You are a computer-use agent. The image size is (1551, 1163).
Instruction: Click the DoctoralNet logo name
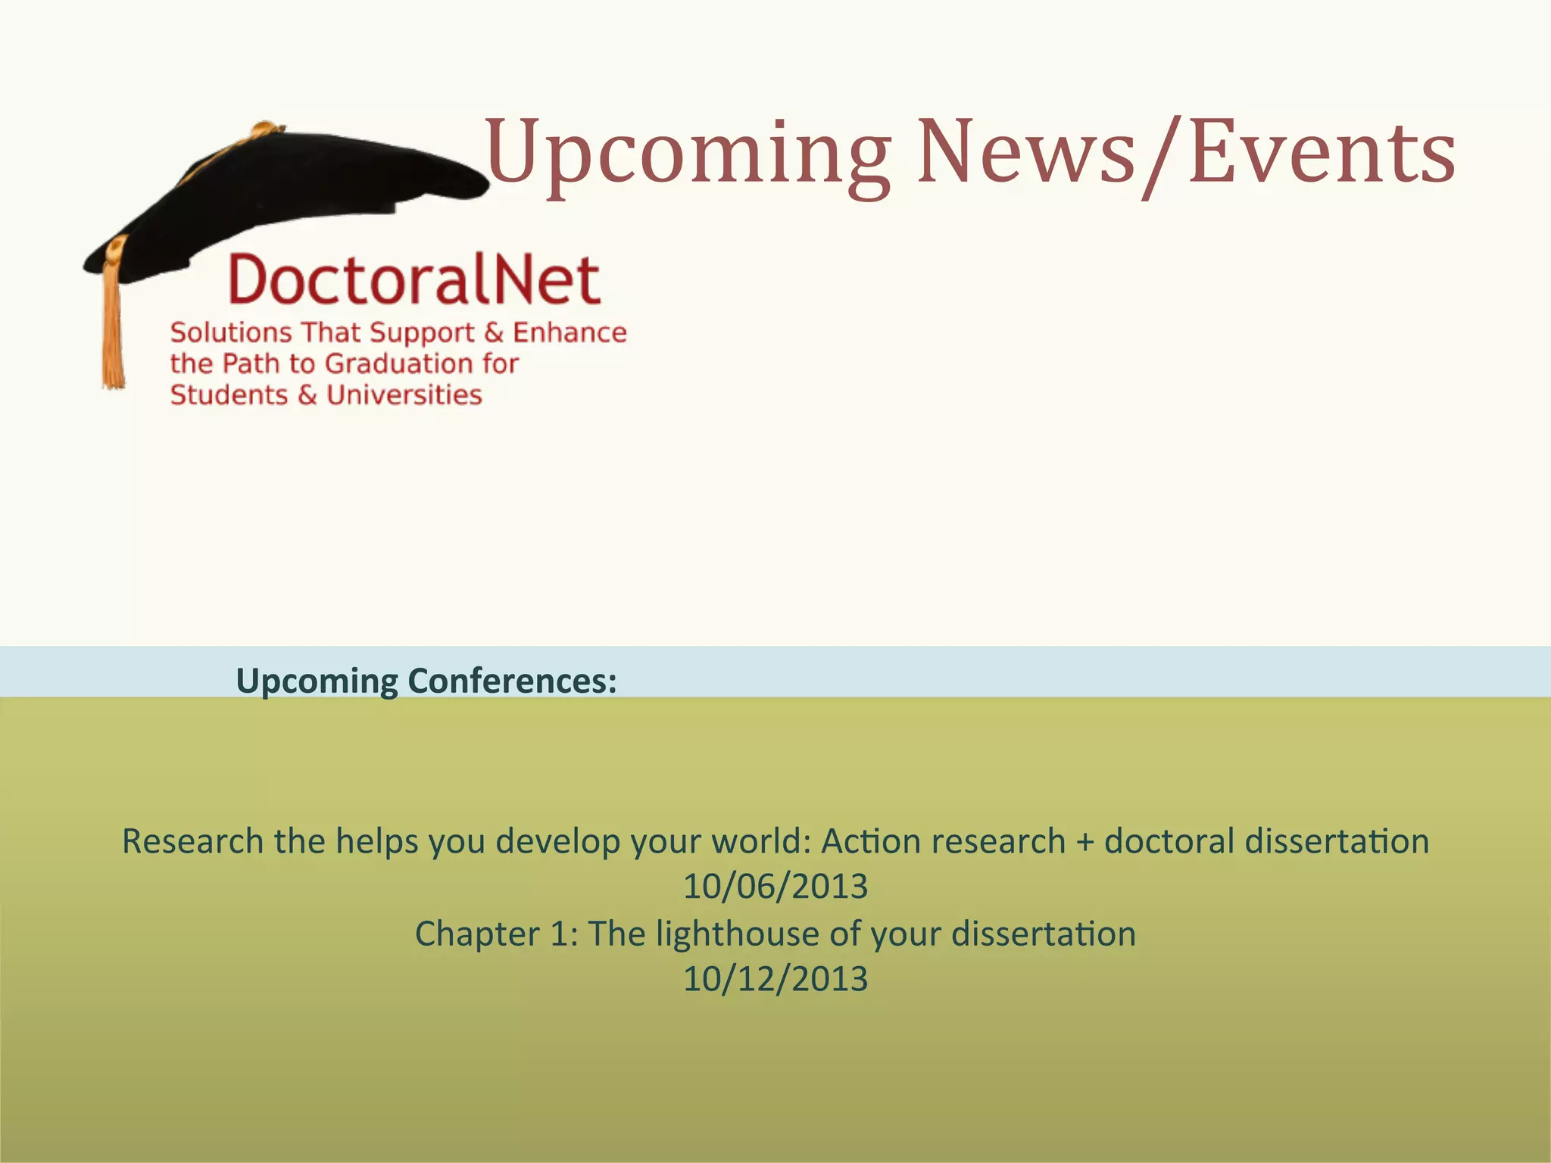tap(414, 280)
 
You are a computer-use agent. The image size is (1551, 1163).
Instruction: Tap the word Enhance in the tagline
tap(570, 332)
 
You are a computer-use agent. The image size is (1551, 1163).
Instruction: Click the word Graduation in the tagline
tap(389, 364)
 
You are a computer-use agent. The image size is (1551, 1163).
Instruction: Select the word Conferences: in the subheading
tap(512, 681)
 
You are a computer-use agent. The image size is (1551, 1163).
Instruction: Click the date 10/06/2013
tap(775, 887)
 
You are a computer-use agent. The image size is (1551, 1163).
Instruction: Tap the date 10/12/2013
tap(775, 979)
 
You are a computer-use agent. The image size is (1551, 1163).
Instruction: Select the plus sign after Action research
tap(1084, 842)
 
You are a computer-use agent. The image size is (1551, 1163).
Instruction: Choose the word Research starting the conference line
tap(192, 841)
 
